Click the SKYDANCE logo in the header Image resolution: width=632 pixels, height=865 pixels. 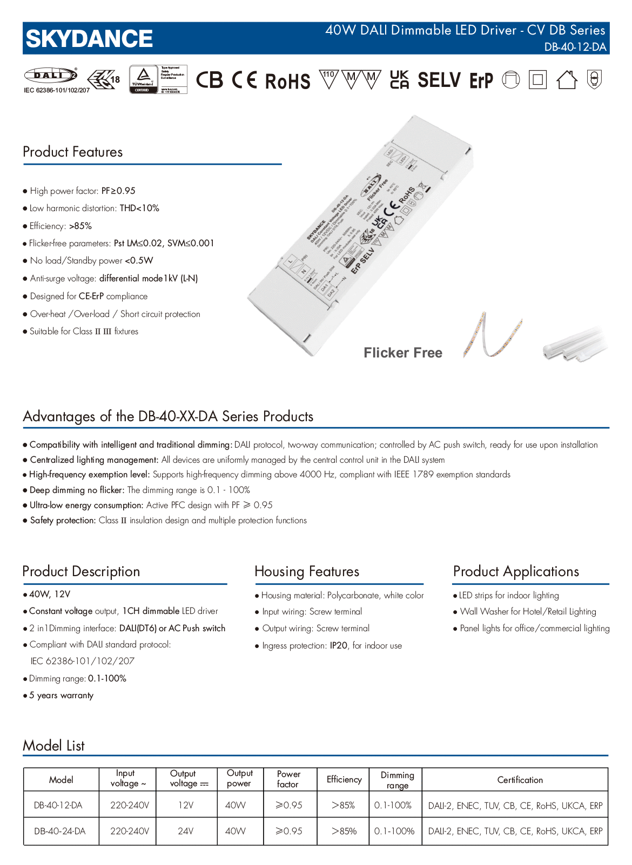[x=89, y=39]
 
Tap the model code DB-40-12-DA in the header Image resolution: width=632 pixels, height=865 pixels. [x=575, y=47]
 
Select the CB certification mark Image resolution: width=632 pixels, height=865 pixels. [x=209, y=80]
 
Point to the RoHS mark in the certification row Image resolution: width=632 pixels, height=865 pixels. [x=287, y=82]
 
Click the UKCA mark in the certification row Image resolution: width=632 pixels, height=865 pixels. [x=399, y=80]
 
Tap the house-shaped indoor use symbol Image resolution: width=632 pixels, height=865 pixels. [x=567, y=80]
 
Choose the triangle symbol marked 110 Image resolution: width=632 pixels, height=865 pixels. [x=328, y=78]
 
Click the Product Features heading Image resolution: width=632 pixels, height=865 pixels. [x=73, y=152]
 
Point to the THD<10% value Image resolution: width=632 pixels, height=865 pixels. [x=139, y=208]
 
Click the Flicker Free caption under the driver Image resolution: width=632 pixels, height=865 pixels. [x=403, y=353]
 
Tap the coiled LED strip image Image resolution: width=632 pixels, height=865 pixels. [x=492, y=335]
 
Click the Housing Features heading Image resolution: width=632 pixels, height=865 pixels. [x=307, y=572]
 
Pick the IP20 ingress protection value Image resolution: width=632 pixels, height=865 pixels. [x=339, y=646]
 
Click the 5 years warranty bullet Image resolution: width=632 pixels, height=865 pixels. [x=61, y=695]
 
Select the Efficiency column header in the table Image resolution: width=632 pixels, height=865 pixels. [x=344, y=780]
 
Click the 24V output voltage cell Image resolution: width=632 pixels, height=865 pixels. [x=186, y=832]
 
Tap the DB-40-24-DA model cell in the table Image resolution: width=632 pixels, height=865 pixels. [x=60, y=832]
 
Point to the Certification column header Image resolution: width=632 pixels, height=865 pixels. [x=520, y=780]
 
